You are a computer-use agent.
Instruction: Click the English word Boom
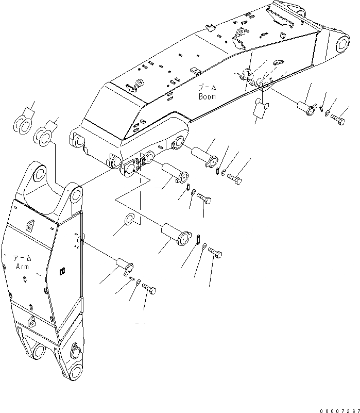pos(207,96)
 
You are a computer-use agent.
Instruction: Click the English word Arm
pos(22,267)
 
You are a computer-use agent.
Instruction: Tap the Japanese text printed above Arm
pos(22,258)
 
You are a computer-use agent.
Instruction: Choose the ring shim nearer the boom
pos(44,137)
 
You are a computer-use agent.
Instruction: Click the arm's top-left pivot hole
pos(38,175)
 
